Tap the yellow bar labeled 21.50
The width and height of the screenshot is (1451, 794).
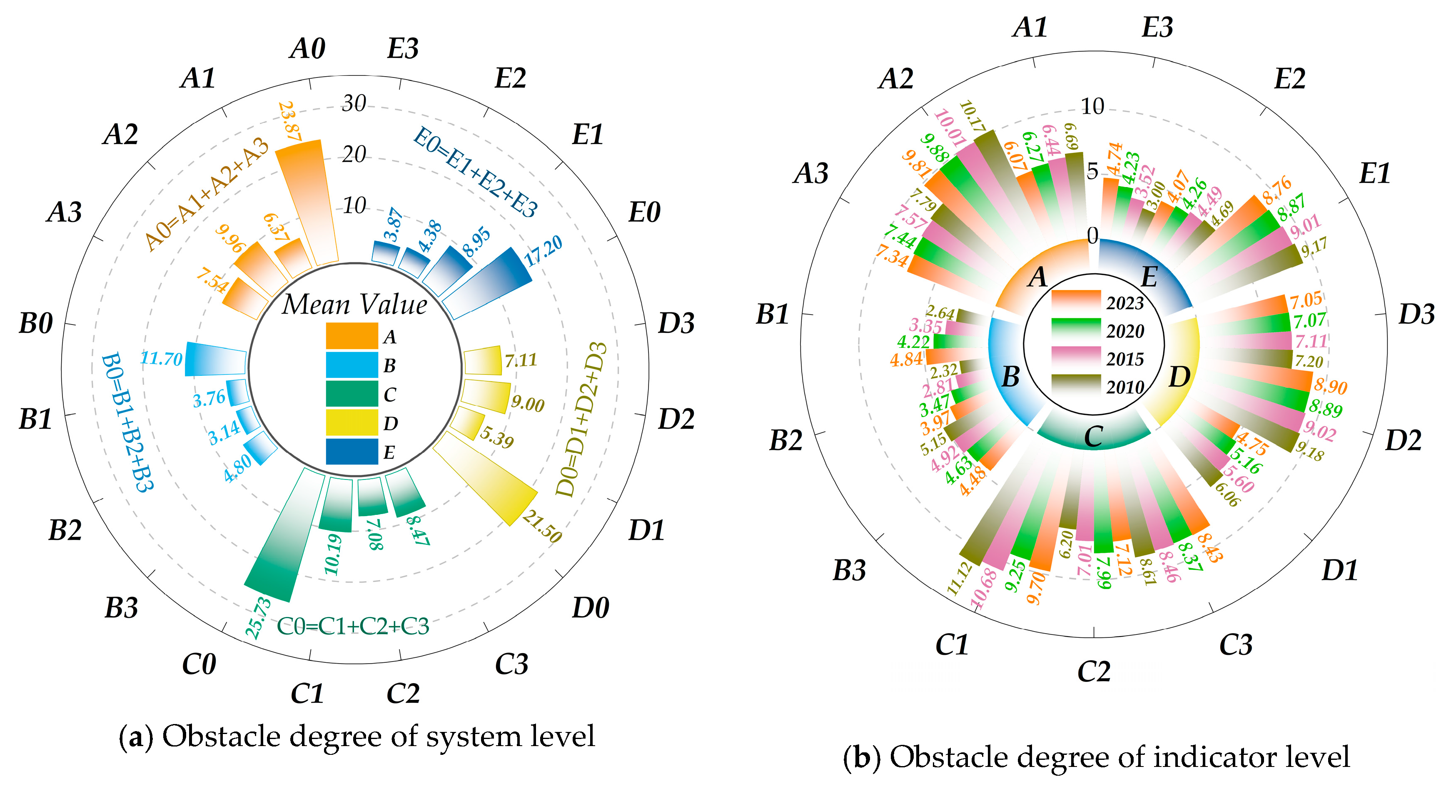[490, 479]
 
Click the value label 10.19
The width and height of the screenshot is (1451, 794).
[334, 555]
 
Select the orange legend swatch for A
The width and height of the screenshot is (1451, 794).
[352, 336]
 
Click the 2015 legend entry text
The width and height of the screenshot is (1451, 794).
[1125, 360]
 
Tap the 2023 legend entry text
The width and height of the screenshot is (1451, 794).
[1125, 303]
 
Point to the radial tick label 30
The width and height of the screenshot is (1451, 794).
[354, 103]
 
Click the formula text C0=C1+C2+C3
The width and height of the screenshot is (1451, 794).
[353, 626]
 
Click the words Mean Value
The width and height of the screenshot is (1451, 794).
[354, 304]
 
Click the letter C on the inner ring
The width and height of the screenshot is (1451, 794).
[1093, 437]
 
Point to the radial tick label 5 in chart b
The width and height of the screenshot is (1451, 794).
[1092, 171]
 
